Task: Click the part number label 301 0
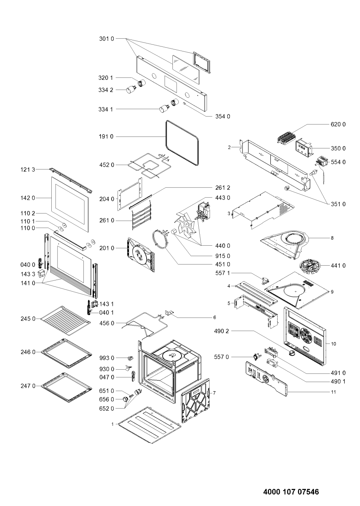pos(106,39)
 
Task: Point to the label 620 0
pos(338,124)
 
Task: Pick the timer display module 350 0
pos(304,148)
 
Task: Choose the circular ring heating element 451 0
pos(161,239)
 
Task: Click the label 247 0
pos(28,386)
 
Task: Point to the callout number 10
pos(333,344)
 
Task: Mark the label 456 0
pos(107,323)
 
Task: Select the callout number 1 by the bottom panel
pos(112,424)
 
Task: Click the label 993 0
pos(107,358)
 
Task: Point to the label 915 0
pos(223,256)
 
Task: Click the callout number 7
pos(214,393)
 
